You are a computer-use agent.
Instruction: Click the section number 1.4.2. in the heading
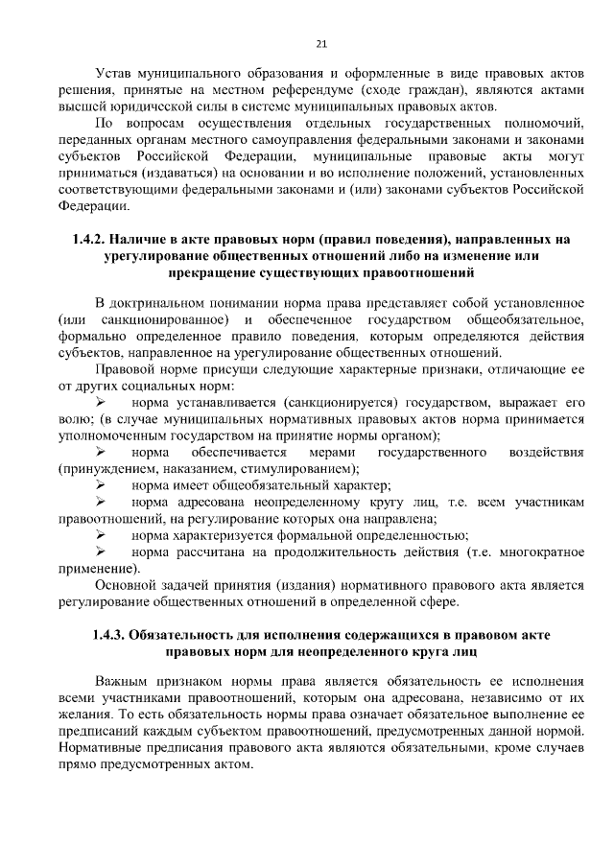tap(89, 238)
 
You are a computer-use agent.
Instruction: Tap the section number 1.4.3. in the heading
tap(108, 635)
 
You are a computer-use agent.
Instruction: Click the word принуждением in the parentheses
tap(110, 469)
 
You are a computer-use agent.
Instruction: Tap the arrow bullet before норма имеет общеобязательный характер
tap(100, 485)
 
